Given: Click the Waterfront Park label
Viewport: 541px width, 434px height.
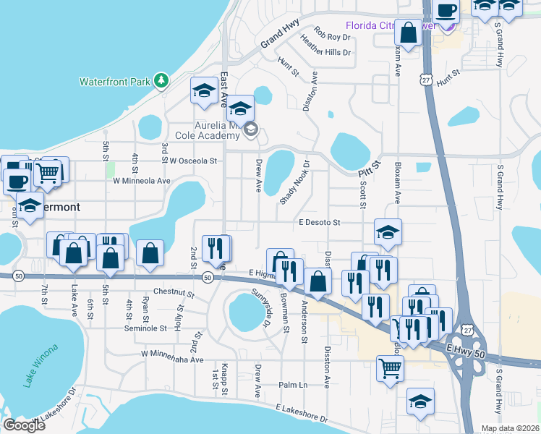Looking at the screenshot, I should (x=114, y=80).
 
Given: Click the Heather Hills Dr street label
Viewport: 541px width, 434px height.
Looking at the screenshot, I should (x=325, y=52).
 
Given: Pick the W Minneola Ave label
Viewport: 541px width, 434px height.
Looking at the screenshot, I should (x=141, y=181).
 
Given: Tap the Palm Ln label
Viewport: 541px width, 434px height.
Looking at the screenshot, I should (x=294, y=385).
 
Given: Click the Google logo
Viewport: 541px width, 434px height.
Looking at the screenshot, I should (x=24, y=425).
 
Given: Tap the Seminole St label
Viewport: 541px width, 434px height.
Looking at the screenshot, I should (x=162, y=328).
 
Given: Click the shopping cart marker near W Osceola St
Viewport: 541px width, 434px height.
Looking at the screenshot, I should (x=48, y=171).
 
